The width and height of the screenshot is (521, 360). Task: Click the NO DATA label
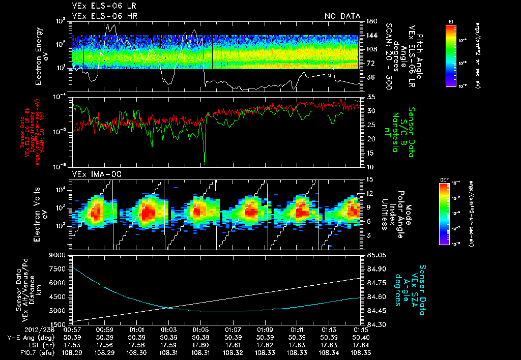(342, 16)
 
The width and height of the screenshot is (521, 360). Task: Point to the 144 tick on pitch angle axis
(370, 36)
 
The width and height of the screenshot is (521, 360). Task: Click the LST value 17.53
(72, 344)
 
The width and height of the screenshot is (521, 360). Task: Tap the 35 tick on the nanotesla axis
(370, 97)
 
